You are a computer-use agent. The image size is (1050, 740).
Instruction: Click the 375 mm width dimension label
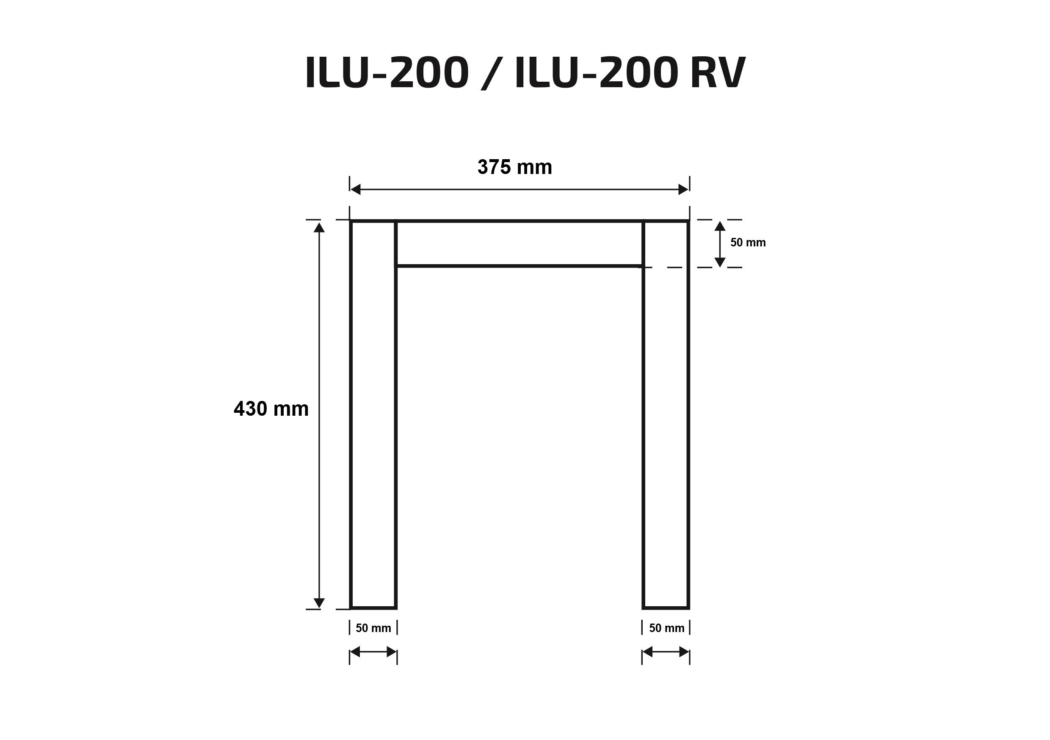tap(514, 167)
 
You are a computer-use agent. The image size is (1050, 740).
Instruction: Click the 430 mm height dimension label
tap(271, 409)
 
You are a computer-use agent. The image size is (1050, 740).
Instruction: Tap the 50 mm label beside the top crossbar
tap(748, 243)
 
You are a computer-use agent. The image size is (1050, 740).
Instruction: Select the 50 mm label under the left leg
tap(373, 628)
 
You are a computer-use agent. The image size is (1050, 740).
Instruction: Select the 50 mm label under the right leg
tap(666, 628)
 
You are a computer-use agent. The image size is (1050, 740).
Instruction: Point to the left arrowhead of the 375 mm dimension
tap(355, 189)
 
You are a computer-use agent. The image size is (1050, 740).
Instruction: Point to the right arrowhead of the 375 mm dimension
tap(683, 189)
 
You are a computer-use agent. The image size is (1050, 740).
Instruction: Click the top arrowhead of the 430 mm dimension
tap(319, 227)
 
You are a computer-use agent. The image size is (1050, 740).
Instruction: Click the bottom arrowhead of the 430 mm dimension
tap(319, 603)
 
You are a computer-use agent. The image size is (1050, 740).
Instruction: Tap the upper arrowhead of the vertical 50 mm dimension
tap(720, 226)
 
